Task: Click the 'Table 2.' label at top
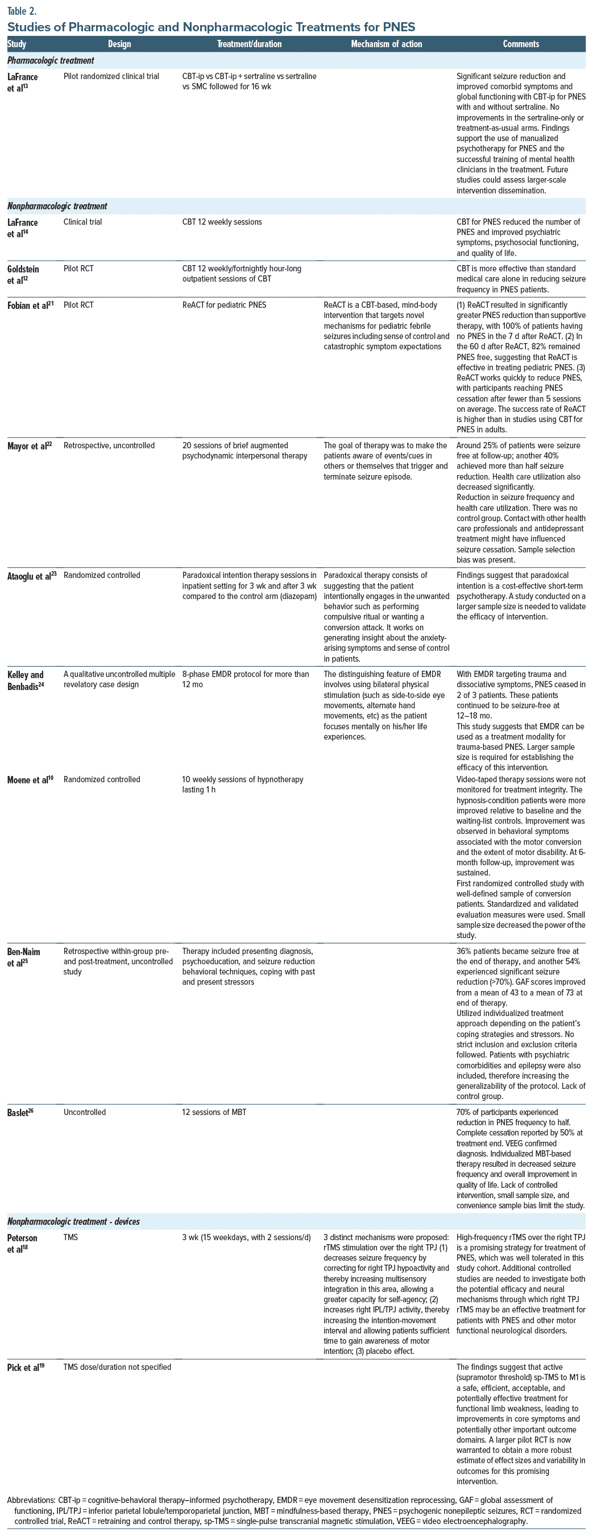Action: point(22,10)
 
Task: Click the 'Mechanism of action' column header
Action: point(386,44)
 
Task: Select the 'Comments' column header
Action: point(520,44)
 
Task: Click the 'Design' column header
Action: point(119,44)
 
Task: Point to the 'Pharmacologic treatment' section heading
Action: point(51,60)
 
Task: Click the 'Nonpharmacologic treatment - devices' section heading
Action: point(73,1222)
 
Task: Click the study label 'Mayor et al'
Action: point(28,446)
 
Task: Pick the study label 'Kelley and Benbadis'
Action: point(25,680)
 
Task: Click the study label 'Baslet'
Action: point(20,1113)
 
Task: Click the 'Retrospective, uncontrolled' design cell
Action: point(109,445)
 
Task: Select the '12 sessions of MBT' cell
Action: point(214,1112)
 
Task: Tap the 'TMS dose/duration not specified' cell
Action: point(118,1367)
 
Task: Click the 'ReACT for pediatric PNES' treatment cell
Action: point(224,305)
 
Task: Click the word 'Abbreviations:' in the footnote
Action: point(31,1501)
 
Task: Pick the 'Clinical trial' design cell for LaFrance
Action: point(83,222)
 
